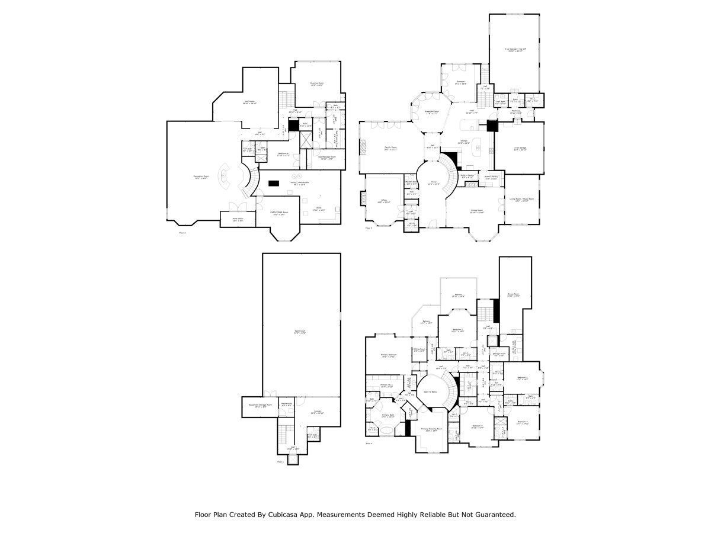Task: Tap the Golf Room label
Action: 249,102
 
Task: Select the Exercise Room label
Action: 317,84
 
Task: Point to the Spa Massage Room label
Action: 319,157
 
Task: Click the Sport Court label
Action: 300,332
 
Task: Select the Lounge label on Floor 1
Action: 317,411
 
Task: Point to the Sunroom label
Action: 460,82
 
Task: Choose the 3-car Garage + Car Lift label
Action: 515,49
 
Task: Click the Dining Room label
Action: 477,210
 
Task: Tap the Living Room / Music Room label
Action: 522,199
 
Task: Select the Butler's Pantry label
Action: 491,176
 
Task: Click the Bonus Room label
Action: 513,294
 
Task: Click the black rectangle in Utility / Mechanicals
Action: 273,183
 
